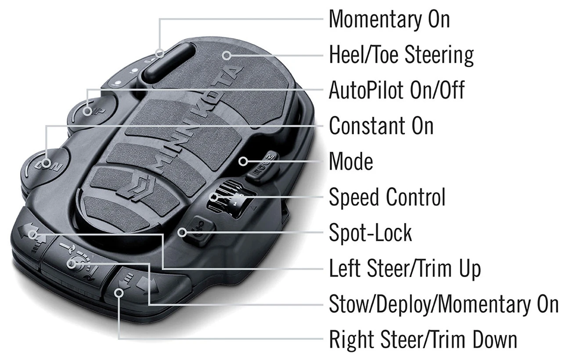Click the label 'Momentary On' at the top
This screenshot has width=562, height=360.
coord(389,19)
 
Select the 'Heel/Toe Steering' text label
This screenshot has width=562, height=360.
coord(401,55)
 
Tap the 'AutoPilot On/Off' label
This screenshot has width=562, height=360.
coord(396,90)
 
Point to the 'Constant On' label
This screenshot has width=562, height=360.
coord(381,126)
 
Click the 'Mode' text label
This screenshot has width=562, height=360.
coord(351,162)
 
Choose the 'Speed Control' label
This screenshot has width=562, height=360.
coord(387,197)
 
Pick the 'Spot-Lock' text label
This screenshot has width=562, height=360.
coord(371,233)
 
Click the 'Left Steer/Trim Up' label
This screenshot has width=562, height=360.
coord(405,268)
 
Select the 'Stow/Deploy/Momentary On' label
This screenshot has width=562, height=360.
coord(443,304)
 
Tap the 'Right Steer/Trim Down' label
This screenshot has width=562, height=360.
coord(423,339)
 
